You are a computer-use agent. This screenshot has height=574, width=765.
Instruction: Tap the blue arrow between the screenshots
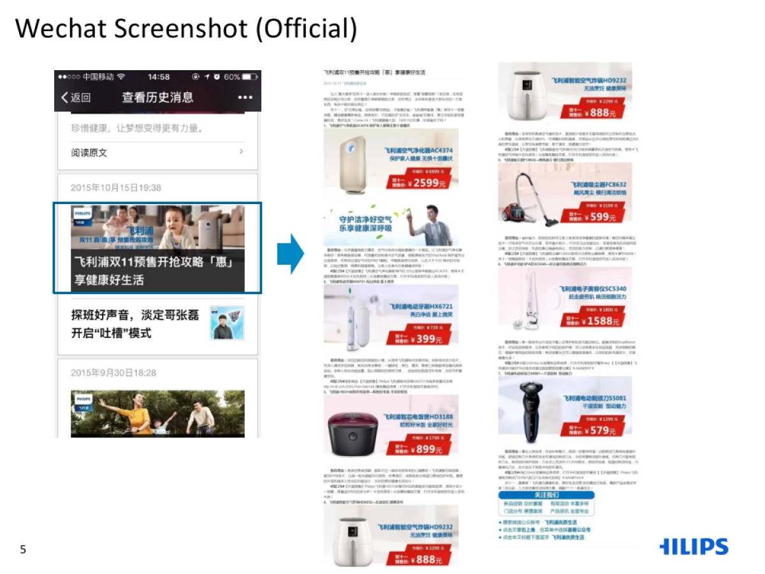(x=291, y=254)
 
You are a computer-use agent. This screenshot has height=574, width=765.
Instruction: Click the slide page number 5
(x=23, y=549)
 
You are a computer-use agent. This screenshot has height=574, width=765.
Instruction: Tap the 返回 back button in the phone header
(x=76, y=98)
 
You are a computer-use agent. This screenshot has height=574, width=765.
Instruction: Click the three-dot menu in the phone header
(x=245, y=98)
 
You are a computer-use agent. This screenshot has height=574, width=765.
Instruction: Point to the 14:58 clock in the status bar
(x=159, y=77)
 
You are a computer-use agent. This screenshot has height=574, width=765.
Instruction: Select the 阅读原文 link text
(x=89, y=153)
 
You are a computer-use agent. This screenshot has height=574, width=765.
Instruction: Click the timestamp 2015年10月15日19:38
(x=116, y=188)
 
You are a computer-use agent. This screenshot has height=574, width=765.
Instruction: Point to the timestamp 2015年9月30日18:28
(x=113, y=372)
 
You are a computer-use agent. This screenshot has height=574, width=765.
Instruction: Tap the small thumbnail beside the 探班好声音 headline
(x=227, y=323)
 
